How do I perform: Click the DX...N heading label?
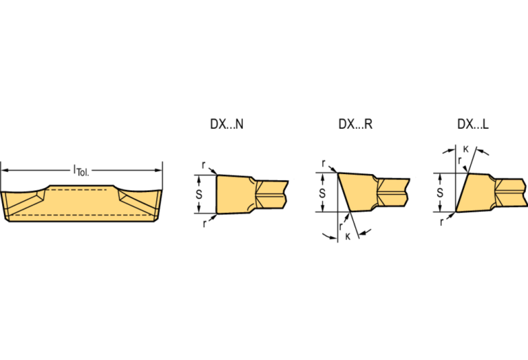coord(226,125)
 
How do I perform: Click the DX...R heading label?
coord(355,125)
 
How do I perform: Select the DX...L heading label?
coord(473,125)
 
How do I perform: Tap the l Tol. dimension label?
coord(81,171)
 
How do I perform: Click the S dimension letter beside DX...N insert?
coord(199,194)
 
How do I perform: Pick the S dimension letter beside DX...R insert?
coord(322,193)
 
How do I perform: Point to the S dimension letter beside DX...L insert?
coord(440,193)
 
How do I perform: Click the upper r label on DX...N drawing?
coord(203,165)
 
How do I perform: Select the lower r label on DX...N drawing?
coord(204,224)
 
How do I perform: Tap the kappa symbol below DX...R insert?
coord(348,237)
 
